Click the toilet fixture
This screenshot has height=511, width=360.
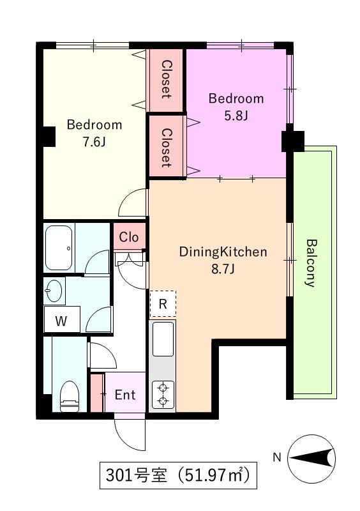click(x=70, y=397)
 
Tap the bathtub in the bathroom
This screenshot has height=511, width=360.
click(x=59, y=248)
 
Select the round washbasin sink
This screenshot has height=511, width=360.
click(x=54, y=291)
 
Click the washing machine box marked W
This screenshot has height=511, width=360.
click(x=61, y=319)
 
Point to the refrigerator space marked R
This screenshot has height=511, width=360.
click(x=163, y=304)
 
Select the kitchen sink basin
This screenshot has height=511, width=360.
click(x=163, y=339)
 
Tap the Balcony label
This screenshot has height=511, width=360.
click(x=311, y=263)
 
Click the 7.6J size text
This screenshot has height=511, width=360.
click(x=94, y=142)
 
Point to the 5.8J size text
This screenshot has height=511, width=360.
click(x=236, y=116)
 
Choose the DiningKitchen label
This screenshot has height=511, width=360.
click(x=223, y=252)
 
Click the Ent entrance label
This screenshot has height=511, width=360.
click(x=125, y=395)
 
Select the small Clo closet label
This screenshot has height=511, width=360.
click(x=129, y=237)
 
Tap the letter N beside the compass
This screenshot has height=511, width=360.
click(x=276, y=457)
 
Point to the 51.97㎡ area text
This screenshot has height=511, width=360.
click(x=213, y=475)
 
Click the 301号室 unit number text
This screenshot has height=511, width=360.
click(x=136, y=475)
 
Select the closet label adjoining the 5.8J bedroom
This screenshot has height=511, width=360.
click(x=166, y=148)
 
